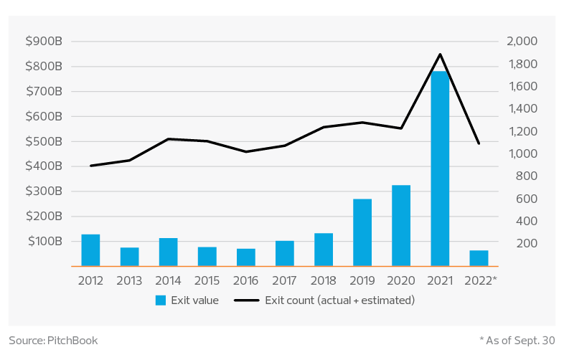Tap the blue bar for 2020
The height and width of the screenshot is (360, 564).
(x=401, y=225)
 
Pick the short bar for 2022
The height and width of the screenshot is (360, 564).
(x=479, y=258)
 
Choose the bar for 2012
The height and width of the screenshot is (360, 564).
(x=91, y=250)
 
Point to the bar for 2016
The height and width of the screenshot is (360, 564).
(x=246, y=257)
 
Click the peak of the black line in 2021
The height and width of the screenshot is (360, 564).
(x=440, y=54)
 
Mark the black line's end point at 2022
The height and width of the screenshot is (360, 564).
(x=479, y=143)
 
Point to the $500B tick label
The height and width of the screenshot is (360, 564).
(x=44, y=141)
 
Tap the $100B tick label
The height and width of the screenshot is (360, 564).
(x=44, y=241)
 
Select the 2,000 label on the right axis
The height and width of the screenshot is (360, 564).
(x=522, y=42)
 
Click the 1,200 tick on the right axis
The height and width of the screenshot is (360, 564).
(x=522, y=131)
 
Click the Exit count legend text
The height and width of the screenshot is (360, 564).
(x=339, y=300)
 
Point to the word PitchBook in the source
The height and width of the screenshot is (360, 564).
(x=75, y=340)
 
